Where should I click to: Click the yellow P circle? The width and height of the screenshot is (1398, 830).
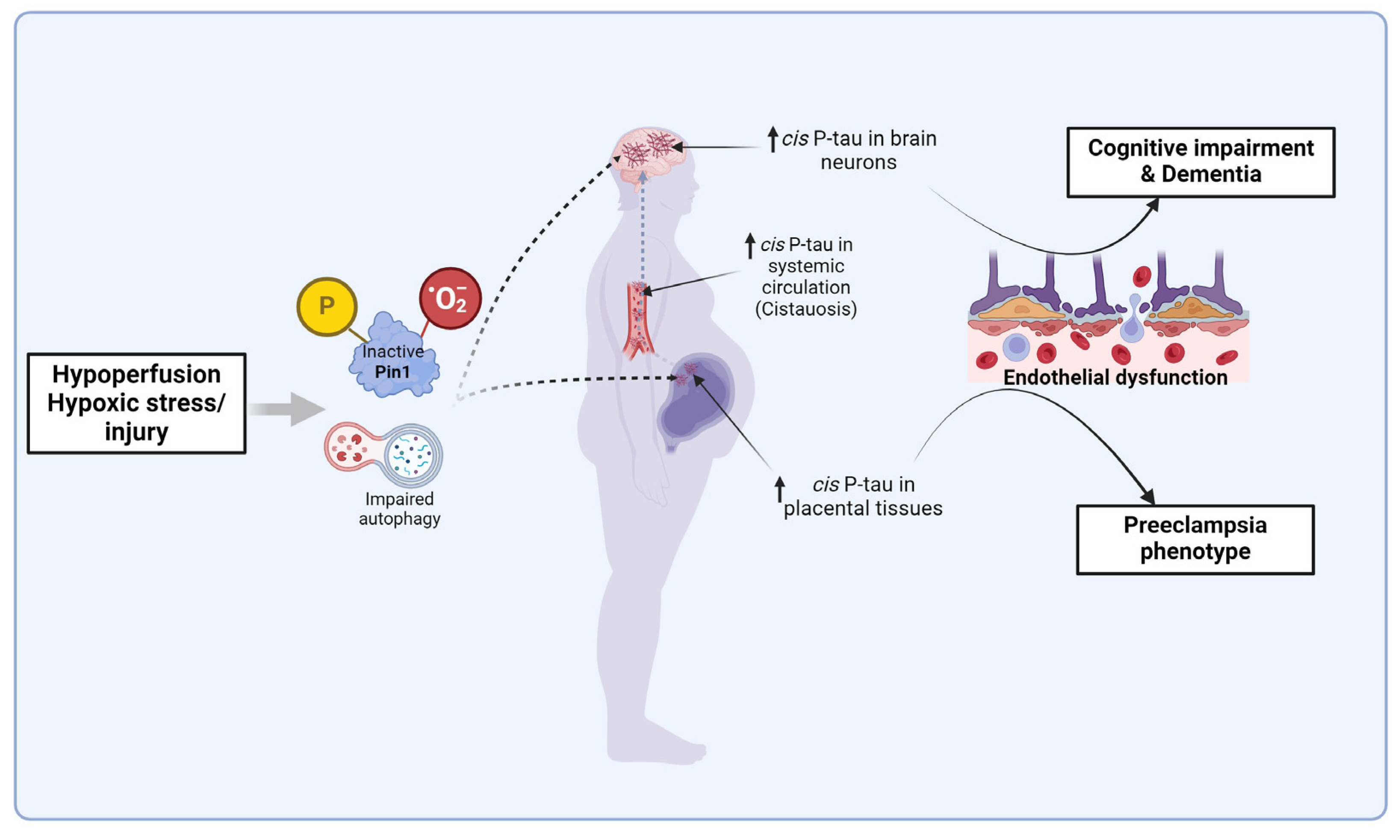pyautogui.click(x=327, y=306)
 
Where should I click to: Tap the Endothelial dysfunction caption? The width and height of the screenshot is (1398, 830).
pyautogui.click(x=1115, y=377)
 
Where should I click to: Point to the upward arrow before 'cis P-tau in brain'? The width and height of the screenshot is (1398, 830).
pyautogui.click(x=773, y=139)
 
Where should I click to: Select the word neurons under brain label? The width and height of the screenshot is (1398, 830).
pyautogui.click(x=858, y=163)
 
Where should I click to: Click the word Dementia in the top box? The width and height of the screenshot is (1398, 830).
pyautogui.click(x=1211, y=174)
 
